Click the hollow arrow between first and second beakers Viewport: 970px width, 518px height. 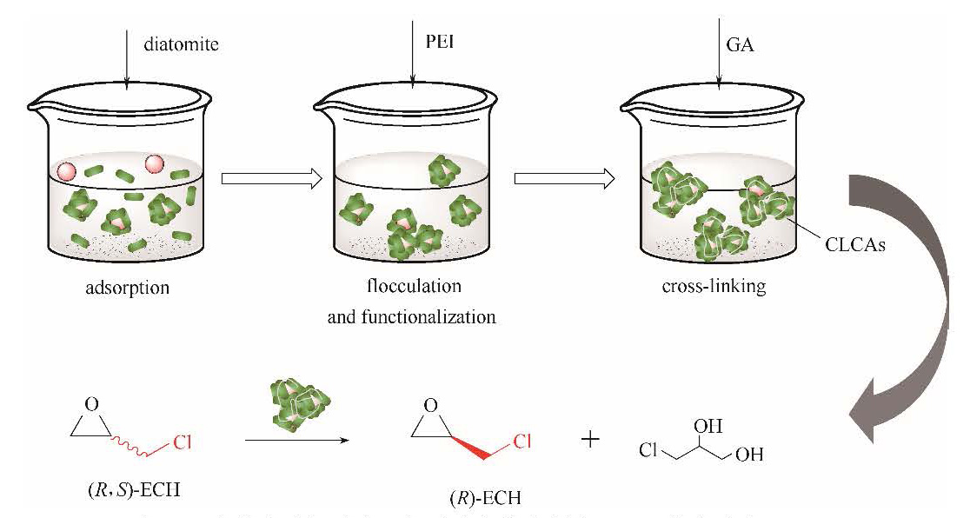tap(271, 178)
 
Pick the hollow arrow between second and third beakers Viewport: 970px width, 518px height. tap(565, 178)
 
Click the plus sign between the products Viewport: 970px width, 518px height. tap(591, 440)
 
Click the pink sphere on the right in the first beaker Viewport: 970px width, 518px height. tap(155, 163)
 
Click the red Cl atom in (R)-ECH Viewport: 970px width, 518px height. tap(522, 442)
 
